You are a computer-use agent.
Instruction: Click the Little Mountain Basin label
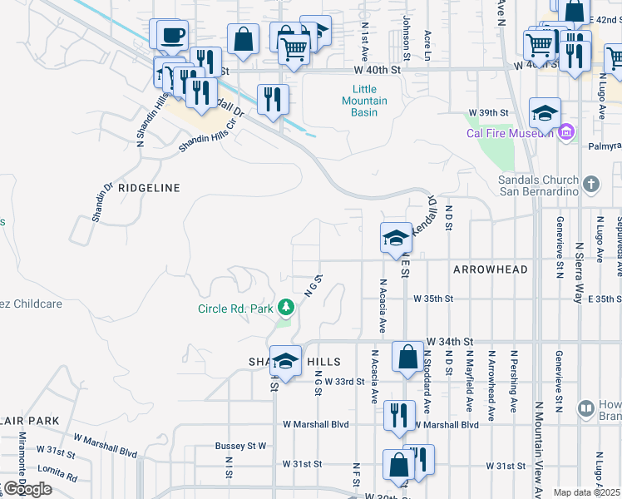pos(364,101)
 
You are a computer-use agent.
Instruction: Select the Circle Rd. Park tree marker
pos(286,309)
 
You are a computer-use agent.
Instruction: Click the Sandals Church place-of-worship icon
pos(591,184)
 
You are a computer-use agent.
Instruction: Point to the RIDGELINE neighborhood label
pos(149,188)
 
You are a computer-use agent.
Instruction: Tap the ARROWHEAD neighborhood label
pos(491,270)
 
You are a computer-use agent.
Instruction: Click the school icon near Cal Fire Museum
pos(545,113)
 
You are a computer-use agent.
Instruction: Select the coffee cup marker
pos(172,35)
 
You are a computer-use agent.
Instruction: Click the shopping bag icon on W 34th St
pos(407,357)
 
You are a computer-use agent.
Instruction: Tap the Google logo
pos(27,489)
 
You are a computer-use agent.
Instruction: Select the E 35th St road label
pos(604,299)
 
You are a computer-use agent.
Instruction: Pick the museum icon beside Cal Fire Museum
pos(566,132)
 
